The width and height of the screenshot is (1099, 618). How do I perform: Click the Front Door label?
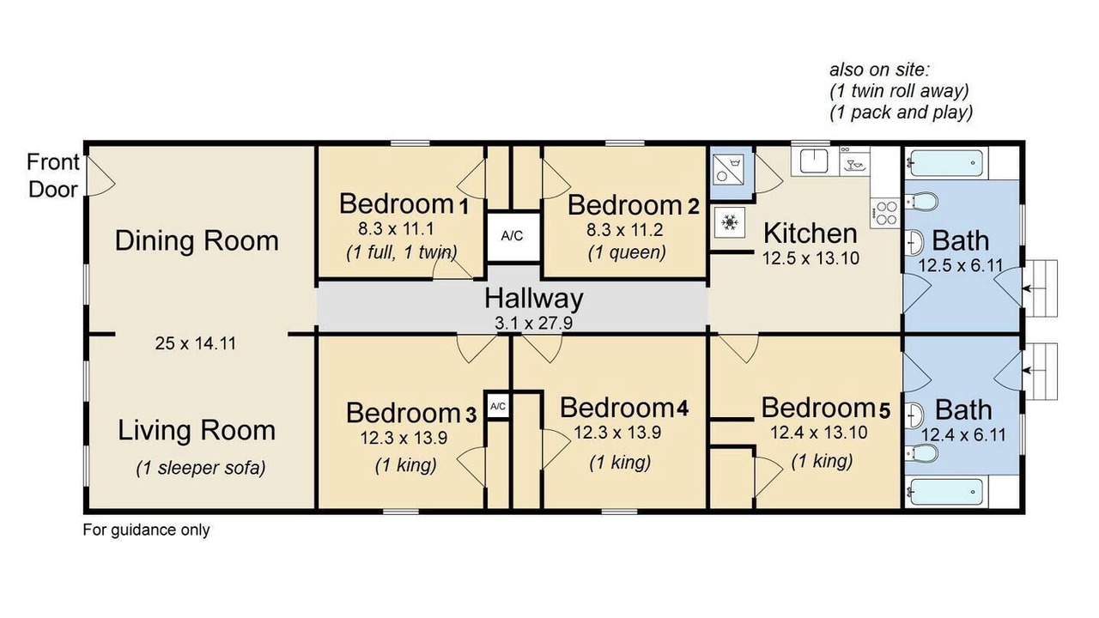click(x=53, y=176)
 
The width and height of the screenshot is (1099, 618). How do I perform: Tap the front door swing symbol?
click(x=100, y=177)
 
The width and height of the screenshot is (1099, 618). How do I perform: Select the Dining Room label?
click(x=197, y=241)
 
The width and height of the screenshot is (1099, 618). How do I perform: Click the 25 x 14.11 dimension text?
click(x=195, y=343)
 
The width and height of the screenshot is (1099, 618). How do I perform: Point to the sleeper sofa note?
click(x=201, y=468)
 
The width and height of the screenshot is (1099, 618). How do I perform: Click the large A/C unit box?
click(x=513, y=236)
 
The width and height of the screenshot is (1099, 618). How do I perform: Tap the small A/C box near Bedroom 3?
click(x=497, y=406)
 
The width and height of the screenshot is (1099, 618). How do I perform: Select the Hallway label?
click(x=534, y=299)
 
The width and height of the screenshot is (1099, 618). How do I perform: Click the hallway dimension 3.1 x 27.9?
click(x=534, y=324)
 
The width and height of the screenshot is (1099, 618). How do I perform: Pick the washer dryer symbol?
click(x=729, y=170)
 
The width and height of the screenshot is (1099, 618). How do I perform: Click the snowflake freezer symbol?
click(x=730, y=222)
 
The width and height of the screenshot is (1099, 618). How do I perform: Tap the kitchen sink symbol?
click(x=814, y=161)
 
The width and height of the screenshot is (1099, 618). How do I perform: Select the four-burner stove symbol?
click(x=886, y=213)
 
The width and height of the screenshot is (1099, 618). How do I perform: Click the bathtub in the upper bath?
click(x=946, y=162)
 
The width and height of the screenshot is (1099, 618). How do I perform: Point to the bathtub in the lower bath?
click(x=946, y=490)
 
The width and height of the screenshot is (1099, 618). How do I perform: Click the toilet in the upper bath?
click(x=921, y=201)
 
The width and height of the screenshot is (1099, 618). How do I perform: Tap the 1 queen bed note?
click(x=627, y=252)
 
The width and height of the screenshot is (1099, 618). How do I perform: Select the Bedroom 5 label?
click(x=826, y=409)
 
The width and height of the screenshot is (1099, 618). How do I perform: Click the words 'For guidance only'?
click(x=146, y=530)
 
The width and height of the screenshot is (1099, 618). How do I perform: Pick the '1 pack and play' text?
click(x=902, y=112)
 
